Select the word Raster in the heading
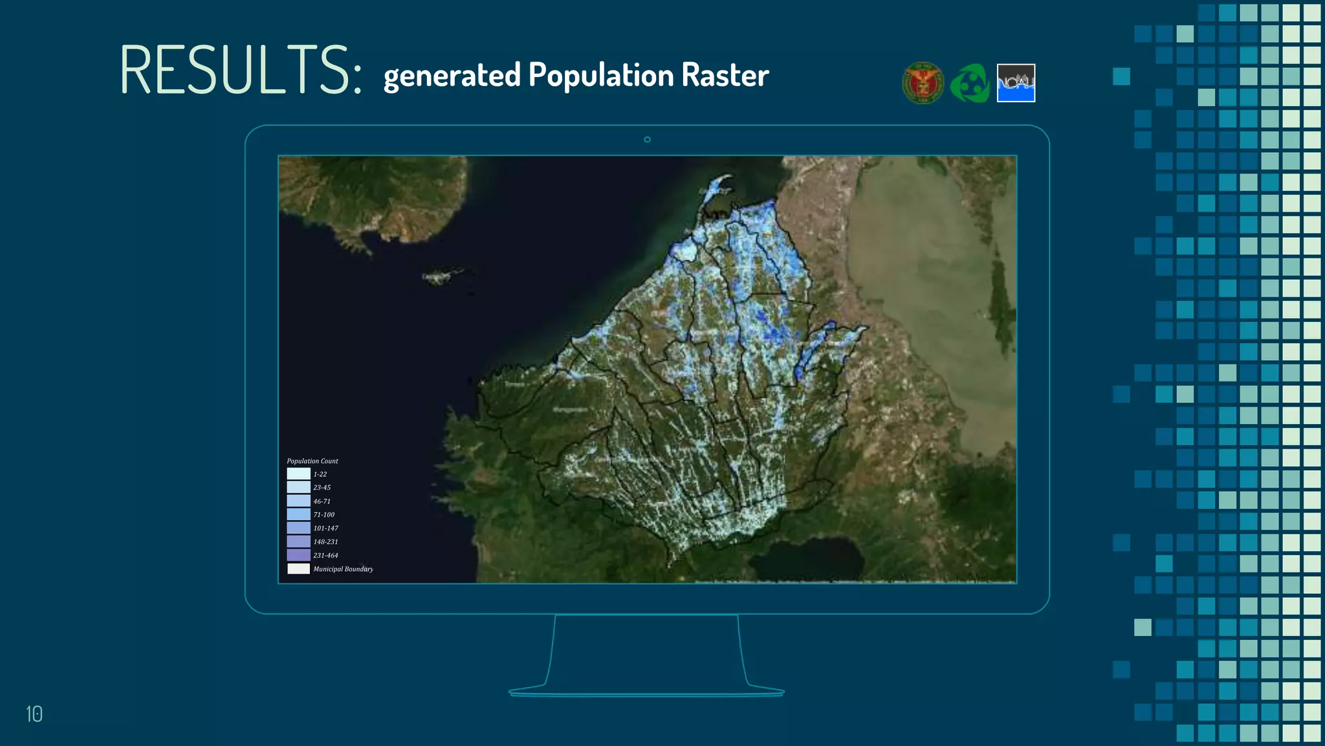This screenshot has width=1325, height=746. (x=725, y=75)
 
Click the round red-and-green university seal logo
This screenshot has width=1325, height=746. (x=923, y=83)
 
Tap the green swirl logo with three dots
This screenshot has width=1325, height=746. (x=970, y=84)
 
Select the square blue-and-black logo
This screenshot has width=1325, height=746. (x=1016, y=83)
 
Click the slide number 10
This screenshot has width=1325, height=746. (x=34, y=714)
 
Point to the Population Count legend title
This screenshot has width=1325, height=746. (x=312, y=461)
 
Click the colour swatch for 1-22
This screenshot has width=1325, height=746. (x=298, y=474)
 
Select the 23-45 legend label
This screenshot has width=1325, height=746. (x=322, y=488)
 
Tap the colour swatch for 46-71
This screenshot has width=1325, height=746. (x=298, y=501)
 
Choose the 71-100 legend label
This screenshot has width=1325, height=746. (x=324, y=515)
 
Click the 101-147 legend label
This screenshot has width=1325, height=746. (x=326, y=528)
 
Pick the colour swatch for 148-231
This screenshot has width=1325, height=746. (x=298, y=541)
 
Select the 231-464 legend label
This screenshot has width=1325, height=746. (x=326, y=556)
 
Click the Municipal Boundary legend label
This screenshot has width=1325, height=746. (x=343, y=569)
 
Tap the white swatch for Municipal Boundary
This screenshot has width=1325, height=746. (x=298, y=569)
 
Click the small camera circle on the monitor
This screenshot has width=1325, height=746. (x=647, y=140)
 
